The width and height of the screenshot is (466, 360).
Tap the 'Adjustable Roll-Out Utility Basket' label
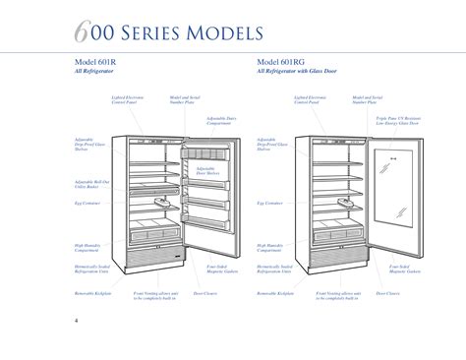click(x=90, y=183)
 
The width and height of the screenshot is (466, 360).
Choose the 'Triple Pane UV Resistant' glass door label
click(x=397, y=120)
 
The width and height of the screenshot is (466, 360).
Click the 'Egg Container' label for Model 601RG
click(x=269, y=203)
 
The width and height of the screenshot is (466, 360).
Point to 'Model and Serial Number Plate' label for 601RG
click(x=366, y=99)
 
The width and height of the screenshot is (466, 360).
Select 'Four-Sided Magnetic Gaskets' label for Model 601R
click(x=217, y=268)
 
